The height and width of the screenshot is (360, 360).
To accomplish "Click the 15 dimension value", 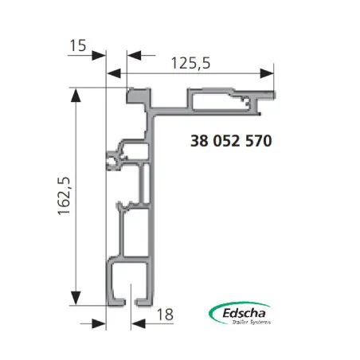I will click(x=77, y=45).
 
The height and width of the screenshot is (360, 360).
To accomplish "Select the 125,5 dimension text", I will click(x=189, y=65).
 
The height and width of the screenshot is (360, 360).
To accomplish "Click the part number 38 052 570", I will click(x=231, y=142).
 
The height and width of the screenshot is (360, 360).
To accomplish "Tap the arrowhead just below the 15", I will click(x=98, y=55).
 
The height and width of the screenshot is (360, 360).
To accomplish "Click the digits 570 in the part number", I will click(x=257, y=142).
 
